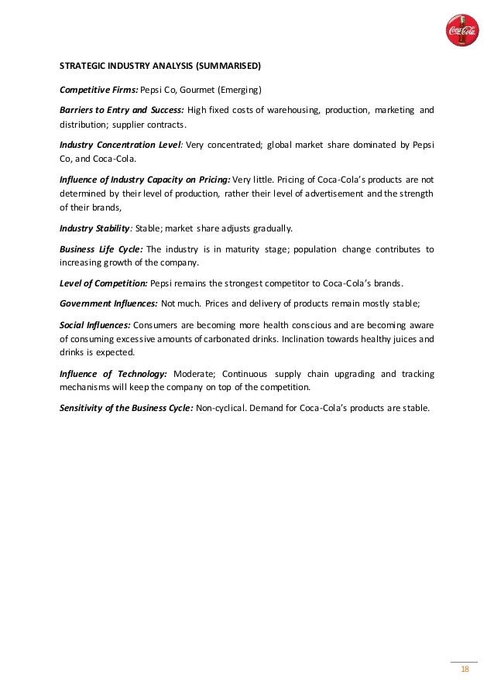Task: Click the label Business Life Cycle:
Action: pyautogui.click(x=100, y=249)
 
